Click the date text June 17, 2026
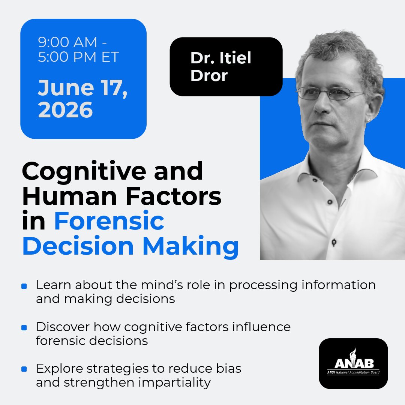click(82, 99)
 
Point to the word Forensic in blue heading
click(109, 222)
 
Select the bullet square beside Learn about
click(24, 286)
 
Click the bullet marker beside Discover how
click(24, 328)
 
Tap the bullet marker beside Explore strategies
click(24, 369)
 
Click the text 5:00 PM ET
click(79, 57)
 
